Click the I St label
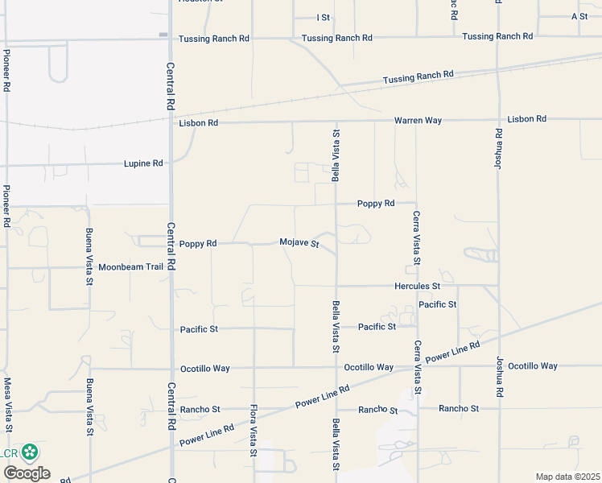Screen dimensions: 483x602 (324, 17)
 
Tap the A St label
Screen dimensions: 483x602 (579, 16)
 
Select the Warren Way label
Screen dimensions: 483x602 (418, 120)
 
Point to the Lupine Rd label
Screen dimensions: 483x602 (143, 163)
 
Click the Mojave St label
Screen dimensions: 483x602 (299, 242)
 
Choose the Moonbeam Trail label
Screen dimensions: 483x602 (131, 267)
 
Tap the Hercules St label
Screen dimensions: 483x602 (417, 286)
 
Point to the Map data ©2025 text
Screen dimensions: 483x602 (567, 477)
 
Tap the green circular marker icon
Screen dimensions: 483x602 (31, 452)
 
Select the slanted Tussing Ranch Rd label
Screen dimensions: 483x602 (419, 76)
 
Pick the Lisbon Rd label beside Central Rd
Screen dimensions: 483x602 (198, 123)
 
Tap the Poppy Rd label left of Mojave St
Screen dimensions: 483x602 (198, 243)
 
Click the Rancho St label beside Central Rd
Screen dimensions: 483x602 (200, 410)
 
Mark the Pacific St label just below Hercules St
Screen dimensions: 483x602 (438, 304)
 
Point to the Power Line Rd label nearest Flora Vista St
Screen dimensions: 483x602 (207, 436)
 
